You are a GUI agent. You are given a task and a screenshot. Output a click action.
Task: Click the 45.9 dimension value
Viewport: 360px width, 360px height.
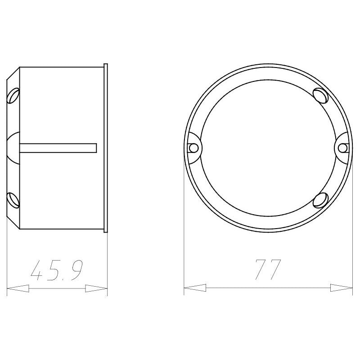pos(57,270)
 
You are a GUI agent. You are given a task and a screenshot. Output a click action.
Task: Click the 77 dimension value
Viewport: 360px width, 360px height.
pos(268,270)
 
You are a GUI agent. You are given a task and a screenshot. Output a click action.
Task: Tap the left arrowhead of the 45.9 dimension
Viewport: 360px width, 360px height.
pos(18,288)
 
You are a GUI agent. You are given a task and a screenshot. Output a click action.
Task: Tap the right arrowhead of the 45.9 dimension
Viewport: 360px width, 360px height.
pos(96,288)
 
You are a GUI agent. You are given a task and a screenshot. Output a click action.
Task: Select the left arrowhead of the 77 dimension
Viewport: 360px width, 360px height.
pos(195,288)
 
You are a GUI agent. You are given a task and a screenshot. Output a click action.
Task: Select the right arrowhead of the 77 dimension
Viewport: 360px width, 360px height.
pos(342,288)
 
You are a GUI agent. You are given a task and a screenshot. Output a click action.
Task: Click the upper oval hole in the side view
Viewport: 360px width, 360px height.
pos(13,95)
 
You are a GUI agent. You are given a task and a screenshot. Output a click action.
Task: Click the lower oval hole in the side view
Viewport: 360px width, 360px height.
pos(13,200)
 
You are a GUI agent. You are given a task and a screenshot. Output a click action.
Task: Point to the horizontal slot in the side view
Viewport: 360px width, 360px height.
pos(58,148)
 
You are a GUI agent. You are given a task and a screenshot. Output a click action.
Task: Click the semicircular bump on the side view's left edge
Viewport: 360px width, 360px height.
pos(13,148)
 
